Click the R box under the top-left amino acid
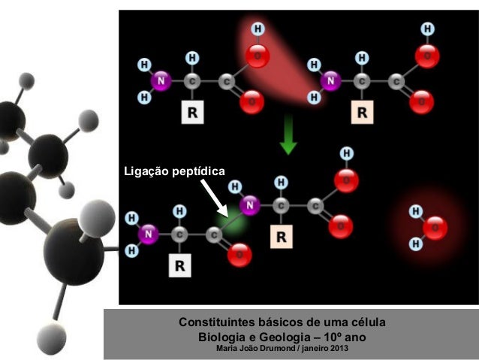(194, 113)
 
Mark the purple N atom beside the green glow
(250, 203)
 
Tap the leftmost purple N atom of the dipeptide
(149, 234)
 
